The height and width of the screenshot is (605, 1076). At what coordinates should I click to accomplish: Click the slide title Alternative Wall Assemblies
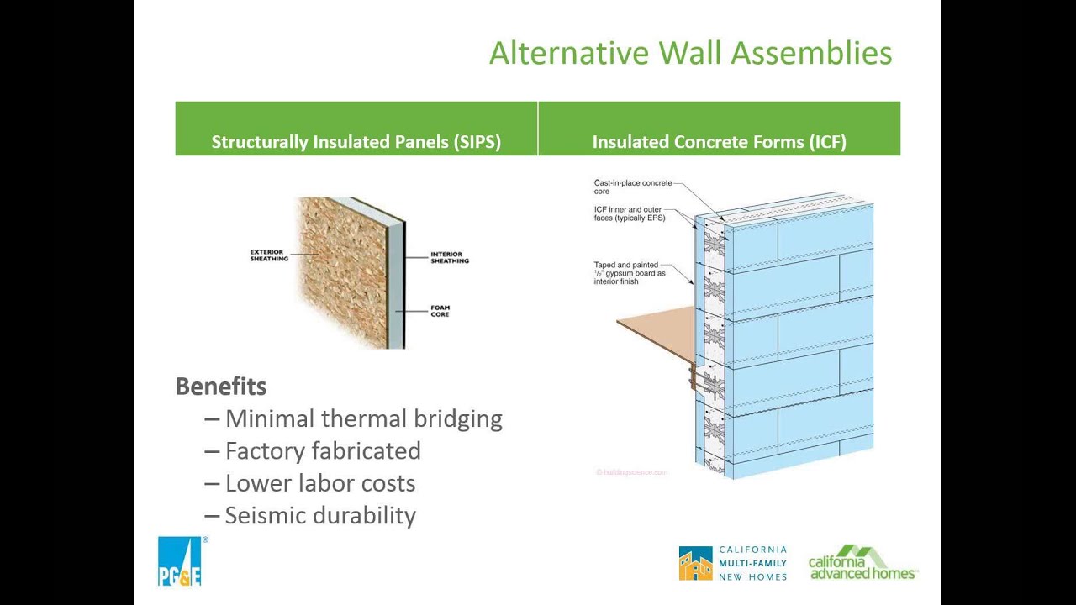coord(690,53)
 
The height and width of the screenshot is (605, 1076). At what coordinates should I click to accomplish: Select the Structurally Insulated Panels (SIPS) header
coord(356,142)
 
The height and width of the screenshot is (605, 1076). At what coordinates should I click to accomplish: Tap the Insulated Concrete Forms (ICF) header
coord(719,142)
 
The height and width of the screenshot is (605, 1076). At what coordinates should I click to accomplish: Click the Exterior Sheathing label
coord(269,255)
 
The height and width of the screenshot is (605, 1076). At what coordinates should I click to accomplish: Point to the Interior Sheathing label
coord(450,258)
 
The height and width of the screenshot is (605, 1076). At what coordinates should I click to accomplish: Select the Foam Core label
coord(440,312)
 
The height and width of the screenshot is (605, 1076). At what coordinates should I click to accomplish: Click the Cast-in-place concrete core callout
coord(632,187)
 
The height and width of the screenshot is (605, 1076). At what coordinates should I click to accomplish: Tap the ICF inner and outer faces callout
coord(630,213)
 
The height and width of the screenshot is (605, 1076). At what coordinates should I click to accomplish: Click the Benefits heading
coord(221,387)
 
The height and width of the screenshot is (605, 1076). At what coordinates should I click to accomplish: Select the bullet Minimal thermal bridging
coord(363,418)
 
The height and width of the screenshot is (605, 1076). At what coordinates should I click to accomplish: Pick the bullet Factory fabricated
coord(323,451)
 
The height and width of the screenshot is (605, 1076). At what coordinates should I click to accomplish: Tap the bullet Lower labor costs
coord(319,483)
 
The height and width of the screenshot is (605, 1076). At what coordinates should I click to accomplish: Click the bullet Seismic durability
coord(320,515)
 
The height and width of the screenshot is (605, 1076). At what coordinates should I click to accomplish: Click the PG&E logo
coord(180,561)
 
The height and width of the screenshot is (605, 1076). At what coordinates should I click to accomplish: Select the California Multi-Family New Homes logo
coord(733,563)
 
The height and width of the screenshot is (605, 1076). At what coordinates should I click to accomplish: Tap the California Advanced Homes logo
coord(862,563)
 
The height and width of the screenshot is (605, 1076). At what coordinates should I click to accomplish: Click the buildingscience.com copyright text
coord(631,472)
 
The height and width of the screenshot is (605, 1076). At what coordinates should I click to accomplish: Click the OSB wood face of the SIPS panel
coord(340,269)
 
